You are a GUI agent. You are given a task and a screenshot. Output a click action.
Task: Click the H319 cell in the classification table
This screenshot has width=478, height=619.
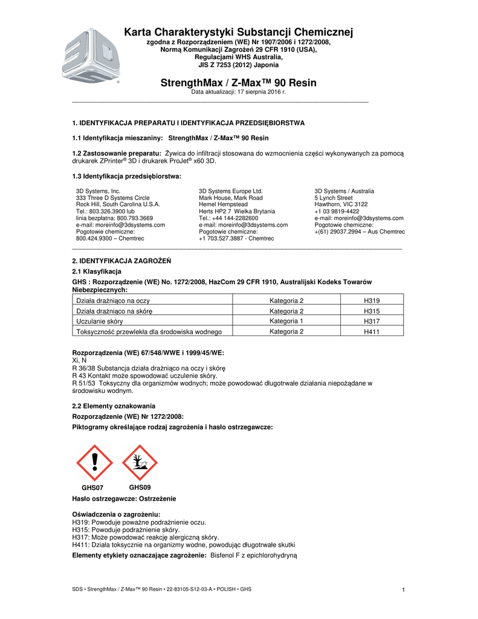(372, 300)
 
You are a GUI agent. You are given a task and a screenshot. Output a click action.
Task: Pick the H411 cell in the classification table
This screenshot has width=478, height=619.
(372, 332)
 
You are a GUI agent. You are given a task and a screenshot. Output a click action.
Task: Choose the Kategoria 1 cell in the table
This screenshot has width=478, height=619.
(286, 321)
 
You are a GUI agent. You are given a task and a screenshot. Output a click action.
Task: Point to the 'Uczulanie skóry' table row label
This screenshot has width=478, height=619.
(99, 322)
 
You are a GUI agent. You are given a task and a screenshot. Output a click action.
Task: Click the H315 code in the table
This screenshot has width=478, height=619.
(372, 311)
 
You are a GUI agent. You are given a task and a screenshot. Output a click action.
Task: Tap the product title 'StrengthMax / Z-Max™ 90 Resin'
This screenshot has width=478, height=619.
(238, 82)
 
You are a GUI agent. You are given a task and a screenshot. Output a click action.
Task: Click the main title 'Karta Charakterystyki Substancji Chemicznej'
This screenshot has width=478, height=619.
(238, 32)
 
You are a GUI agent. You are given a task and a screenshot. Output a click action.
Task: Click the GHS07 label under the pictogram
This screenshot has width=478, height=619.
(92, 488)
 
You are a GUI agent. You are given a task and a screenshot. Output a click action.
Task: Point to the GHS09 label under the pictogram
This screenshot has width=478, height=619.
(140, 487)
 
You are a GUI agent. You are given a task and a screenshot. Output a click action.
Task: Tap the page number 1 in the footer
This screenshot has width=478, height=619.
(402, 589)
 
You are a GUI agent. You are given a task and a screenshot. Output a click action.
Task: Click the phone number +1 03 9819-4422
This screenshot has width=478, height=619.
(337, 212)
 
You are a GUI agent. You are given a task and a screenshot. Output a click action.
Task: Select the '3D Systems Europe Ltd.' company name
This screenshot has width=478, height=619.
(230, 191)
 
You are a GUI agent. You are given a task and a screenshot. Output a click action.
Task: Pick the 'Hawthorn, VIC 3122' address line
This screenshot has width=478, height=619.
(341, 204)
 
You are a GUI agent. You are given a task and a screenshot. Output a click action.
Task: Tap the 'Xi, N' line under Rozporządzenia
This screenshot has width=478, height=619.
(79, 360)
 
